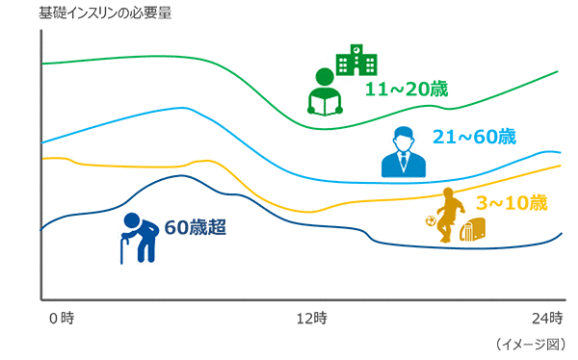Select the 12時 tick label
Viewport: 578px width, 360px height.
311,318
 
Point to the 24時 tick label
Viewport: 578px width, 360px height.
548,318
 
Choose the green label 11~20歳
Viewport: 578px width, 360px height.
407,90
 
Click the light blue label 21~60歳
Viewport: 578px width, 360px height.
476,137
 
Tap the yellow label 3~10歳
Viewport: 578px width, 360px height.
512,203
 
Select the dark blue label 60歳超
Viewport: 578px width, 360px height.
195,227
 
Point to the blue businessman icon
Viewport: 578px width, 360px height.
404,152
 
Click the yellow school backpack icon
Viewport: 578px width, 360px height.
472,229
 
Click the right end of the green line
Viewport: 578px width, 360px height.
560,71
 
